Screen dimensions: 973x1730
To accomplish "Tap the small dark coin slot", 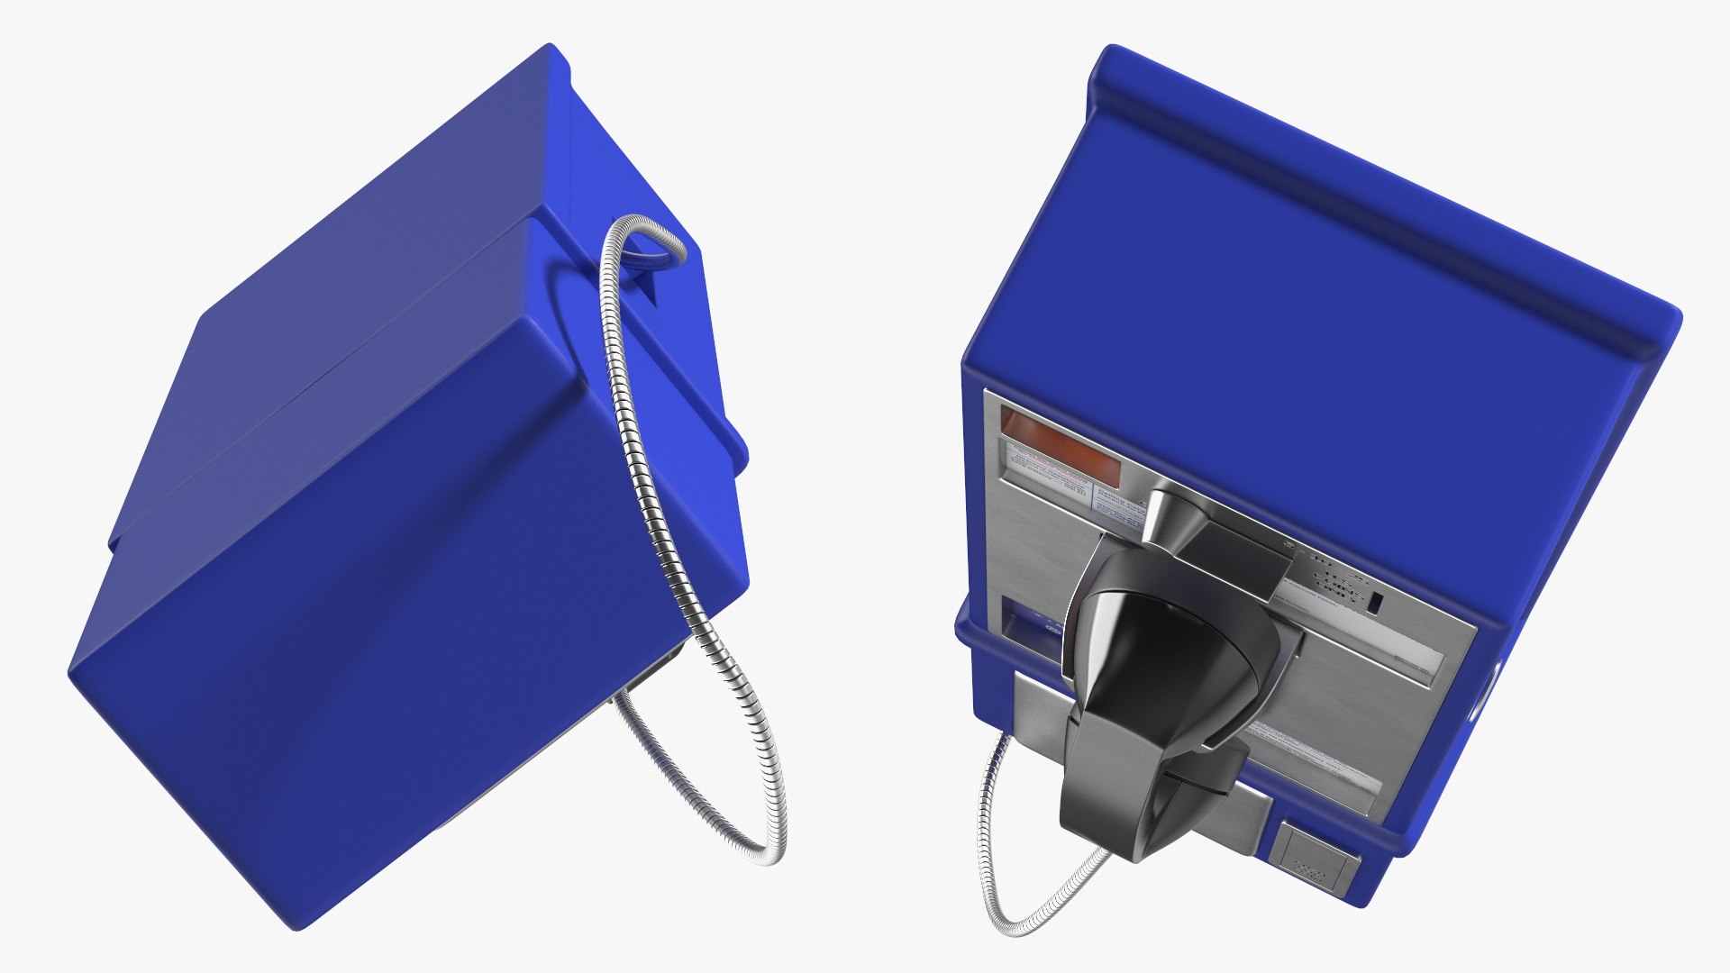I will (x=1376, y=605).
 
